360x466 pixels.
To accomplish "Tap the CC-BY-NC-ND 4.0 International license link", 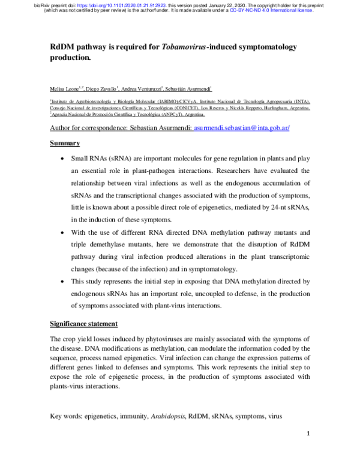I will (283, 10).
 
